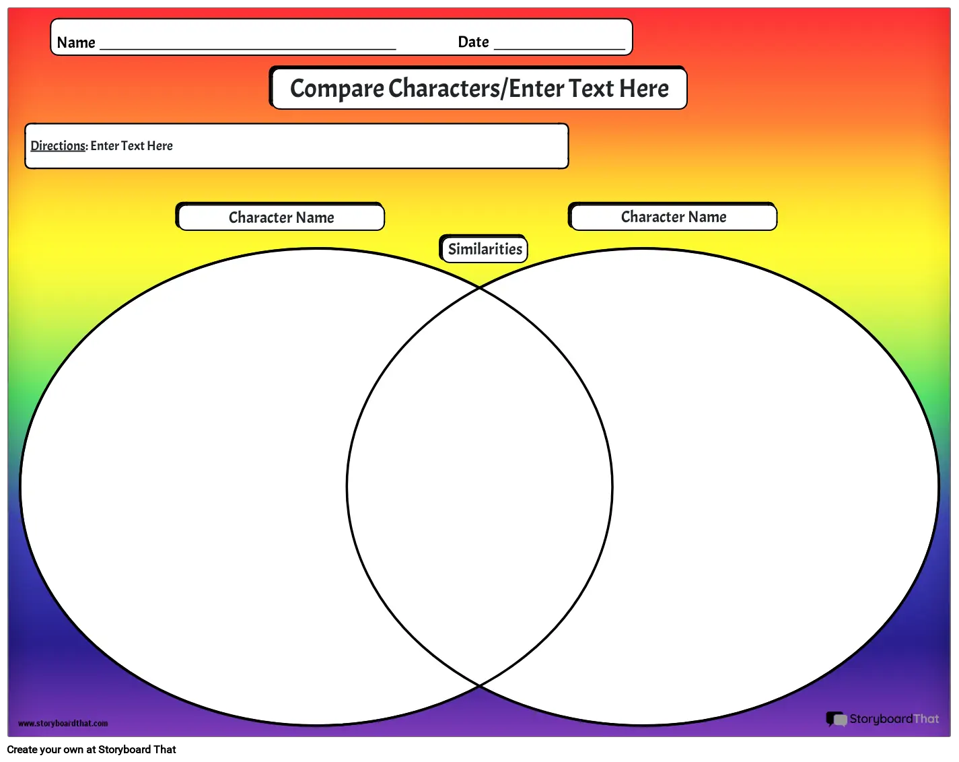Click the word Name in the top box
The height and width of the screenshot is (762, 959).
pos(76,42)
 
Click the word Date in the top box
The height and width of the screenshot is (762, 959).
pos(473,42)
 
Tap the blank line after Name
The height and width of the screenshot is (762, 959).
pos(248,49)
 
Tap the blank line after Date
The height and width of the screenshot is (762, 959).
pos(560,48)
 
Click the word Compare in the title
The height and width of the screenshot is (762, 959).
pos(337,89)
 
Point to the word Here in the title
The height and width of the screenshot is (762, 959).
pos(644,88)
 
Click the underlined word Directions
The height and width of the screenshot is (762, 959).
pos(58,146)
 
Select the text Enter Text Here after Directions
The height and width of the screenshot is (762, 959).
pos(131,146)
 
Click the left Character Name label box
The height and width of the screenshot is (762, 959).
pos(281,217)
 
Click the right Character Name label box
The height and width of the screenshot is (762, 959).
pos(673,216)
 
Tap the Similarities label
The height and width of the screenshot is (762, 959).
pos(484,249)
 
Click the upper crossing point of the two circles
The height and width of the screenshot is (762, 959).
pos(479,288)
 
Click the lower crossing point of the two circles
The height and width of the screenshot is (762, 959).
pos(479,685)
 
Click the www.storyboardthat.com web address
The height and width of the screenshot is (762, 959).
pos(63,723)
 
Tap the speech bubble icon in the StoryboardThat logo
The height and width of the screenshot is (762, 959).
pos(837,719)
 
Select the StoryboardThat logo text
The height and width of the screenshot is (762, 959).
pos(894,719)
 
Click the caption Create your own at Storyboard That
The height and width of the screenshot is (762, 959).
pos(92,749)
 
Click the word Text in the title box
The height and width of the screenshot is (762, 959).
pos(591,88)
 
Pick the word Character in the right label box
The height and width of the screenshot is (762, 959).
pos(652,217)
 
